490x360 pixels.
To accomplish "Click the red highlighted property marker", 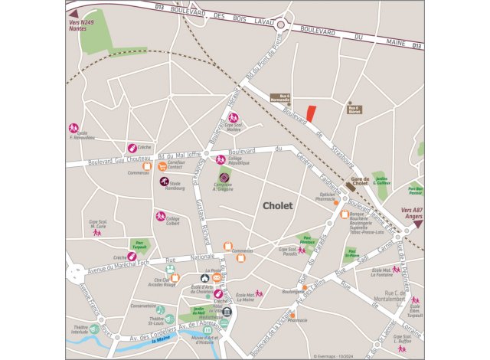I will point(311,112).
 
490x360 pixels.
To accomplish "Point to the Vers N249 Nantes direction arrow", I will point(73,15).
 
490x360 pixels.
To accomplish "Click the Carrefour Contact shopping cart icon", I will point(162,163).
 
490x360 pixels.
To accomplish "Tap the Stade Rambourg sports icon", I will point(164,182).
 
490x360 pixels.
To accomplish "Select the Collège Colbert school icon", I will point(161,216).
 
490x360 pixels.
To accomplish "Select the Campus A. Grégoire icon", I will point(224,177).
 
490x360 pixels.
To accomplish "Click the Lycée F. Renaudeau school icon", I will point(74,128).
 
